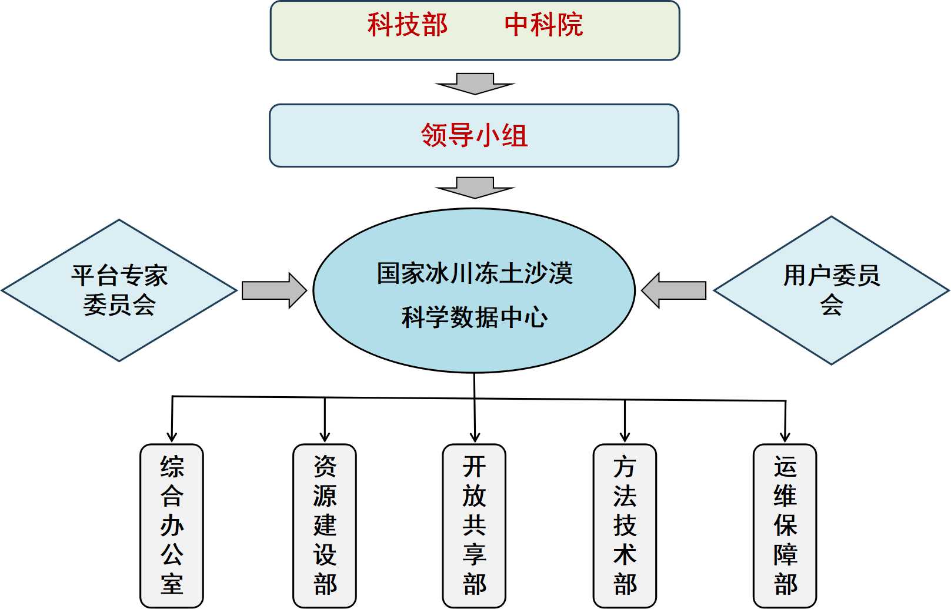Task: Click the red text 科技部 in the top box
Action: [x=408, y=25]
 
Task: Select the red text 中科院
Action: [x=543, y=25]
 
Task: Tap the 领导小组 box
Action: [x=474, y=136]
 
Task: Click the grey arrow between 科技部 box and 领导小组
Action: [x=475, y=83]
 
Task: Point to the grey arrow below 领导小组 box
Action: [x=475, y=188]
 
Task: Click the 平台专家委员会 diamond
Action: [x=119, y=290]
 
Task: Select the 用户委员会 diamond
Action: [x=831, y=290]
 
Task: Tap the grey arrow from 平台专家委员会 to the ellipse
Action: [x=274, y=290]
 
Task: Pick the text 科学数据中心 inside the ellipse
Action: [x=474, y=318]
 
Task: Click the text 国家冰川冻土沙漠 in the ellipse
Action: [x=474, y=274]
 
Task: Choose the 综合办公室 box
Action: [x=172, y=526]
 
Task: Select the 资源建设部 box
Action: [x=325, y=526]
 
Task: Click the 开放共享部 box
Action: [x=474, y=526]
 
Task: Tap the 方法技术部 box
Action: [x=625, y=526]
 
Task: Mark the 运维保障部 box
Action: [x=785, y=526]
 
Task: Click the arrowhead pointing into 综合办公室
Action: [x=172, y=437]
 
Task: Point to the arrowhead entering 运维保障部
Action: [x=785, y=437]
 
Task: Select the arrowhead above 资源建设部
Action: [x=325, y=437]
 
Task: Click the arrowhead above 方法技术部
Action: [x=625, y=437]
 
